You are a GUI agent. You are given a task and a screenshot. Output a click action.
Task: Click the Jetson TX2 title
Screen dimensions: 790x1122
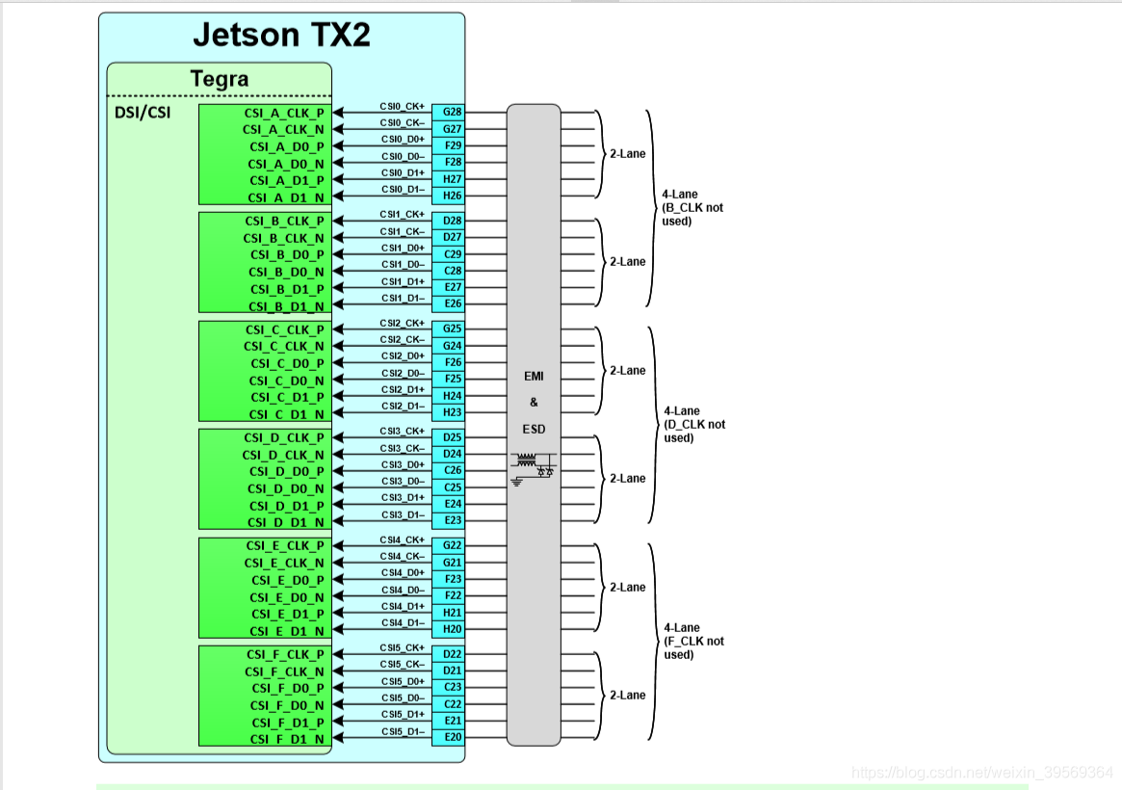tap(281, 35)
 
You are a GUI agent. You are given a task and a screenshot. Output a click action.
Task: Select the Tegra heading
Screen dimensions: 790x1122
tap(220, 79)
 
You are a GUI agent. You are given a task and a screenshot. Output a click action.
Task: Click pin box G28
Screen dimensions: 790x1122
tap(453, 112)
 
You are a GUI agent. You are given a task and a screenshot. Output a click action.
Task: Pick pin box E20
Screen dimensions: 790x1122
tap(453, 737)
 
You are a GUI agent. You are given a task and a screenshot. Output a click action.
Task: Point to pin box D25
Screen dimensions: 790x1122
tap(453, 437)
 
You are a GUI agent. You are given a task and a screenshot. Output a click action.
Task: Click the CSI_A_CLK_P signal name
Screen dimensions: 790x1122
tap(284, 113)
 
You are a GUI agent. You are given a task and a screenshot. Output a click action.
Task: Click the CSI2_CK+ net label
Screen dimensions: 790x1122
tap(403, 323)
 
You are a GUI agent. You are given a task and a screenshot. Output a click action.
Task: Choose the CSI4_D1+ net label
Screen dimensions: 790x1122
tap(403, 606)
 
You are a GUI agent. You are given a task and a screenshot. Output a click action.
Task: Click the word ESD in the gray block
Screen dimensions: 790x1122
tap(534, 428)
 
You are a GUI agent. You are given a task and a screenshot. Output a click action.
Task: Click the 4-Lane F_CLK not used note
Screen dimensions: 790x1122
tap(693, 641)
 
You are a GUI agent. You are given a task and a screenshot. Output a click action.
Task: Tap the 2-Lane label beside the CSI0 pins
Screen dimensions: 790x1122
tap(627, 153)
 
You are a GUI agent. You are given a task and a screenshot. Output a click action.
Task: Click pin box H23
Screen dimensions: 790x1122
tap(453, 412)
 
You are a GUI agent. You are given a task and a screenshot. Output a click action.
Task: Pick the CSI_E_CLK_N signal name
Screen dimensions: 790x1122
tap(285, 563)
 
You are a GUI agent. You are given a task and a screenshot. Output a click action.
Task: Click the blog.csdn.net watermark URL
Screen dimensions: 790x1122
tap(982, 772)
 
